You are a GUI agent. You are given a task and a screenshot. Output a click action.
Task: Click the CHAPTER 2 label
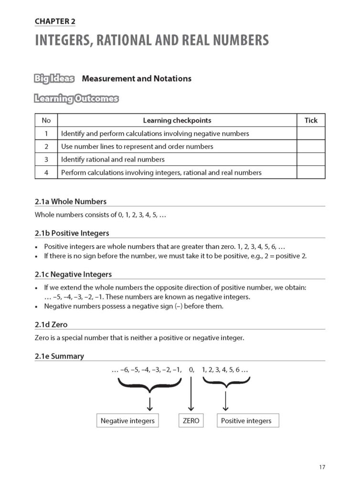(55, 21)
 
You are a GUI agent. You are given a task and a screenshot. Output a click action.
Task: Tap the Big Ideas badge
(54, 78)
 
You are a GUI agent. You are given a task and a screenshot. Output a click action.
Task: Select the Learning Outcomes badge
(76, 99)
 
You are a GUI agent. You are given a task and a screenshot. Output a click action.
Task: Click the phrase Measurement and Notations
(137, 78)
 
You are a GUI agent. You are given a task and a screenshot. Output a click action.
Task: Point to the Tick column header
(311, 120)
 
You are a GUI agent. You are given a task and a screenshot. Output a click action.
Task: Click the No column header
(46, 120)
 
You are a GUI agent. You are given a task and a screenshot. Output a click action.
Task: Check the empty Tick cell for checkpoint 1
(311, 134)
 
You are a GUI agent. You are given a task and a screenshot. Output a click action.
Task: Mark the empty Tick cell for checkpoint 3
(311, 159)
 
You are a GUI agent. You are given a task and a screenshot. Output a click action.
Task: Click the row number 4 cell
(46, 172)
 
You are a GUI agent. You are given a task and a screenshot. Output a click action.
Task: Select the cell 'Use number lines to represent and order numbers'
(137, 147)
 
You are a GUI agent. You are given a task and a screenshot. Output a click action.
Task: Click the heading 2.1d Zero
(51, 325)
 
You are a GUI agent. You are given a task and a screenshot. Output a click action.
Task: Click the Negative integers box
(127, 421)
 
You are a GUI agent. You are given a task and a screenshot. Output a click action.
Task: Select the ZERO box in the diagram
(191, 421)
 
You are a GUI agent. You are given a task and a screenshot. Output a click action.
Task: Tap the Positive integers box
(248, 421)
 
